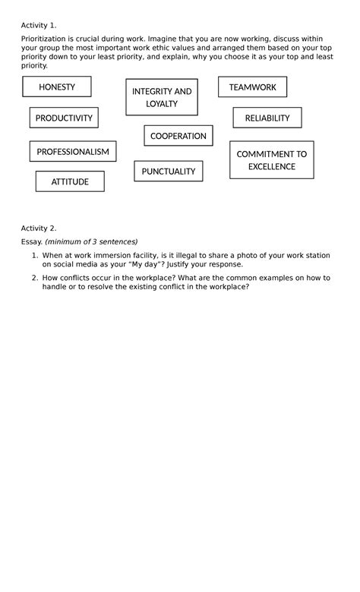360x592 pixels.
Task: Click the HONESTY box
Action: (57, 87)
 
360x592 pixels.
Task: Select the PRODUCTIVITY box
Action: (64, 118)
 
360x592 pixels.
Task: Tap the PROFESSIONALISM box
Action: (73, 151)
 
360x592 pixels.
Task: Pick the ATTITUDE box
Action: (70, 181)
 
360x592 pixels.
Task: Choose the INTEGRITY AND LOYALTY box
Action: (162, 97)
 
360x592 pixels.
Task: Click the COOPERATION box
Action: (178, 136)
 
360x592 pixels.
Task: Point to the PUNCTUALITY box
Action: (169, 171)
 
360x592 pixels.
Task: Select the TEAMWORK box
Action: (252, 87)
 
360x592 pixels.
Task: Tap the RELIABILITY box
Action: (267, 118)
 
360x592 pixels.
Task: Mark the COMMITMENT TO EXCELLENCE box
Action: (271, 159)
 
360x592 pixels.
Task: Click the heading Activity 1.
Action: (39, 24)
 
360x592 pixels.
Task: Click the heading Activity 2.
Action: (39, 228)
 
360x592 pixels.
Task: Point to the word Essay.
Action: (31, 241)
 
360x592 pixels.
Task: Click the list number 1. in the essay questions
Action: (35, 256)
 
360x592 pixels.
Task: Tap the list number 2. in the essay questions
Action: (35, 278)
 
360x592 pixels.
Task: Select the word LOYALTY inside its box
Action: (162, 104)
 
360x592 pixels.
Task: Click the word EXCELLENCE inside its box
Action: (271, 166)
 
